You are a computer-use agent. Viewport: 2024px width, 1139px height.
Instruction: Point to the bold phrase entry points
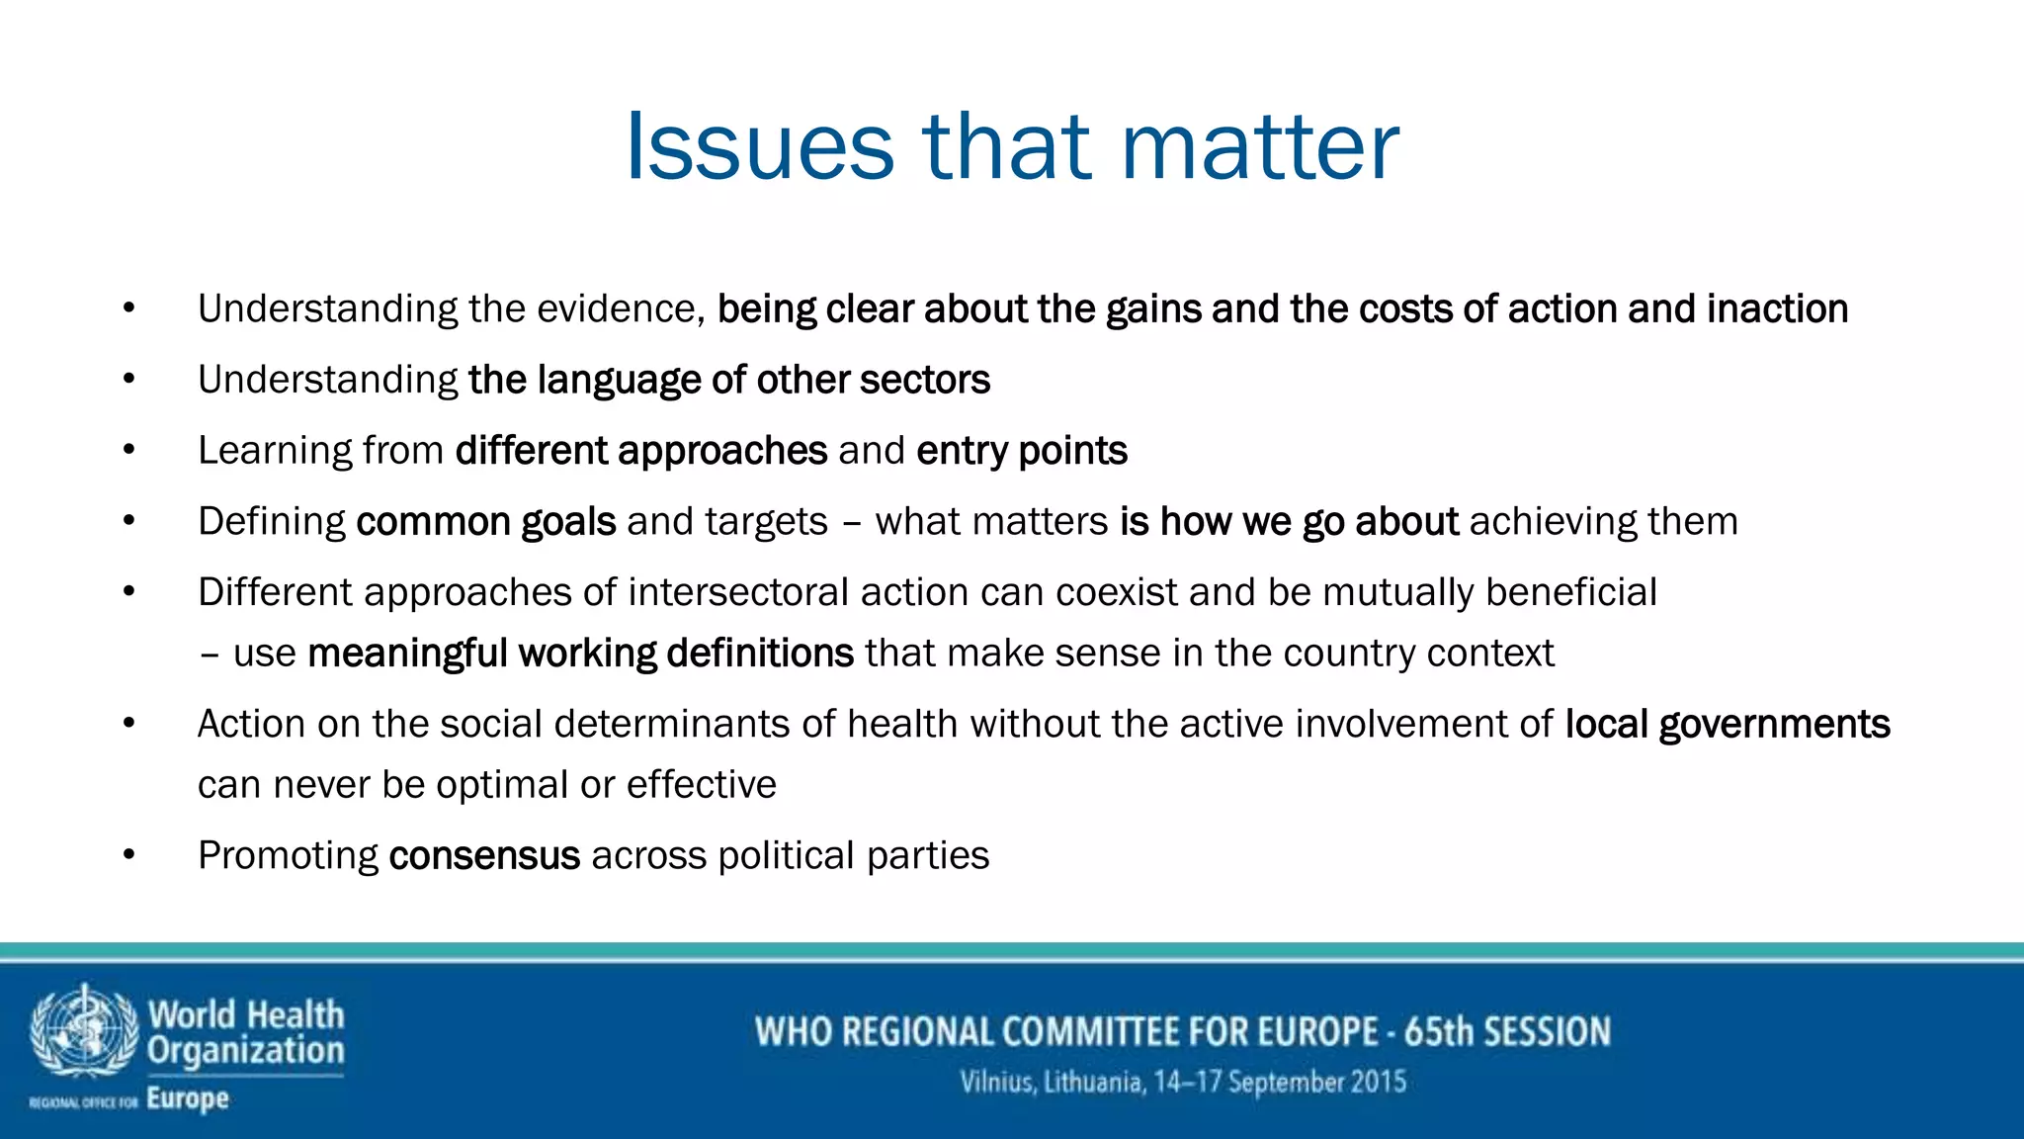coord(1022,451)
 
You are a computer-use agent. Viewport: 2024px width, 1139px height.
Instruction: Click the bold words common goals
coord(485,521)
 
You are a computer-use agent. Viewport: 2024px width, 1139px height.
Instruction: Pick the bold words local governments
coord(1727,724)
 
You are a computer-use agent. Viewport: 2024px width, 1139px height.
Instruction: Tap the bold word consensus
coord(484,855)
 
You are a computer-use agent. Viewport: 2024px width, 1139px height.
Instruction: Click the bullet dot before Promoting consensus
coord(128,854)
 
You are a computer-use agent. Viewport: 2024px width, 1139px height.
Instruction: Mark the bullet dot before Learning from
coord(128,450)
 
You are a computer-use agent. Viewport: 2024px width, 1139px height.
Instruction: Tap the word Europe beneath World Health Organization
coord(188,1098)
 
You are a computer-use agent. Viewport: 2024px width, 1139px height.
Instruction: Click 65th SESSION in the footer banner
coord(1507,1031)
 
